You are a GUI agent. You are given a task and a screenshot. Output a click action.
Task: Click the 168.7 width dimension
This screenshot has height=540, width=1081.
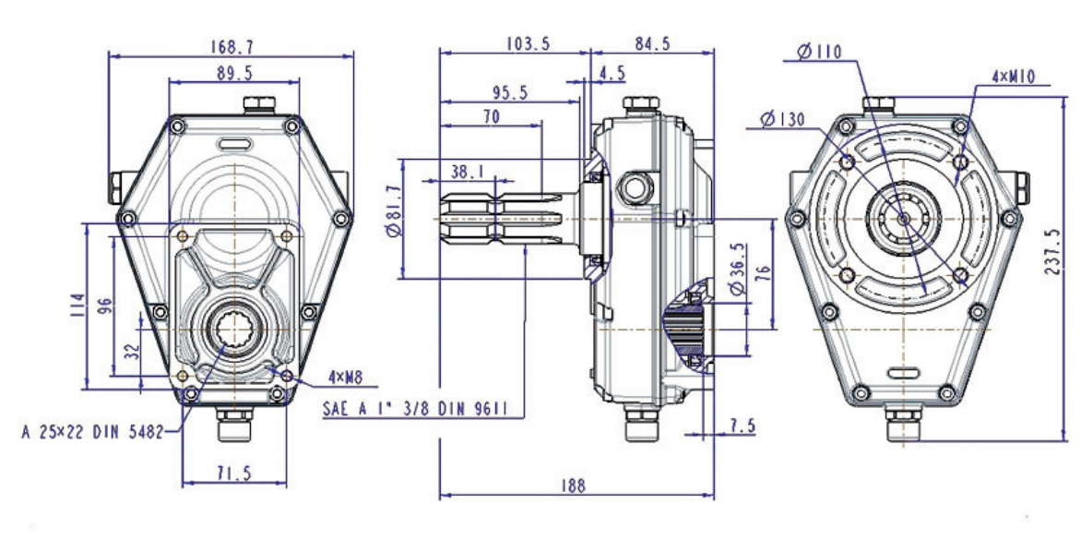coord(231,43)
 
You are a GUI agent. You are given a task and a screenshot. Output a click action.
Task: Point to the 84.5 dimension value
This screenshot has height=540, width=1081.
coord(652,42)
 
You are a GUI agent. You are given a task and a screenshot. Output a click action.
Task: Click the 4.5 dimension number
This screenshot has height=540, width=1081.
coord(612,72)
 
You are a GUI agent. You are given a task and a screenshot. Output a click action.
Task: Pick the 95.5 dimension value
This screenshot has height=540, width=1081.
coord(510,92)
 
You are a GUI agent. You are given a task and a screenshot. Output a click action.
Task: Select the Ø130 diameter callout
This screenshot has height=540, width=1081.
coord(782,120)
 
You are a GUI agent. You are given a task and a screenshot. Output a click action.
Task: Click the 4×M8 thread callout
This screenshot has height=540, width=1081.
coord(350,377)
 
